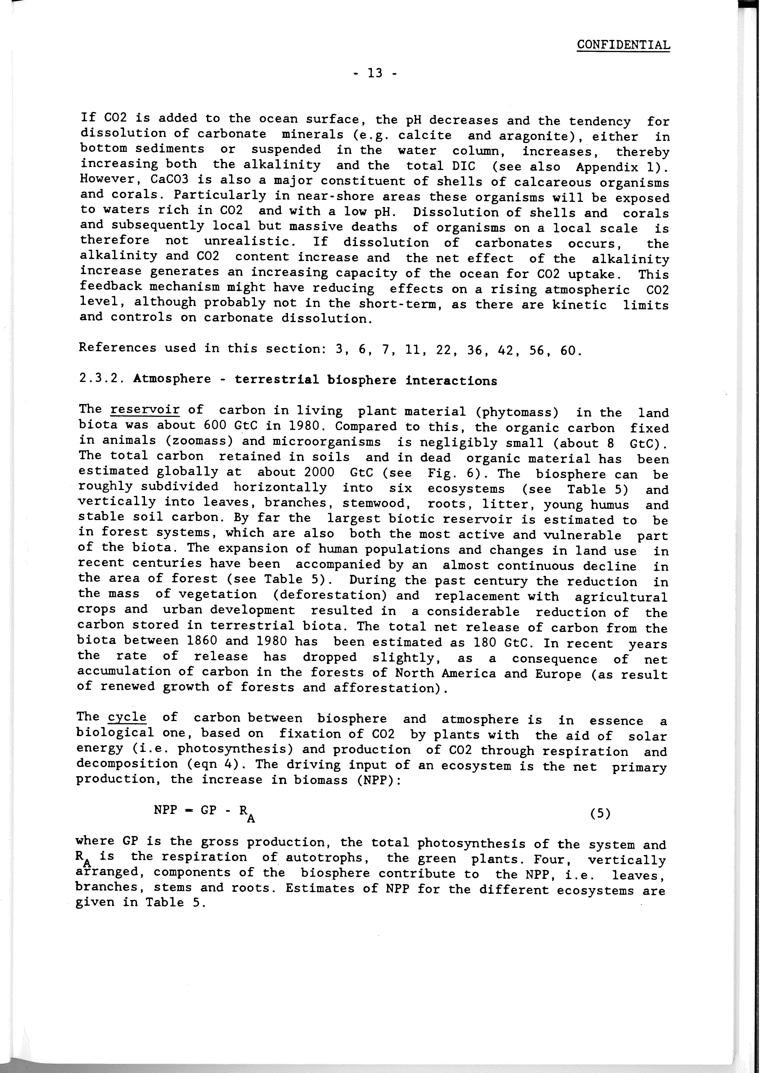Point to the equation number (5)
pos(601,814)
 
